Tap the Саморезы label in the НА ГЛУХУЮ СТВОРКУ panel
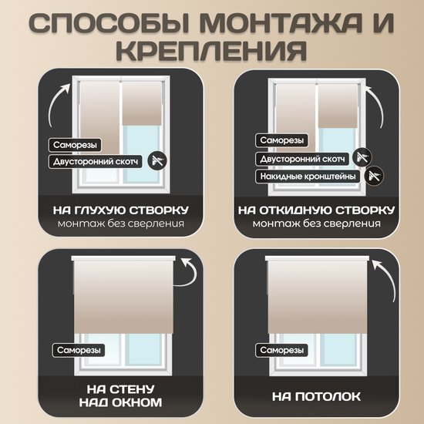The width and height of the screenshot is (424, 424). tap(75, 145)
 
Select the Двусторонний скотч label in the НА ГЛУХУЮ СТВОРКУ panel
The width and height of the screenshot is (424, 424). tap(96, 161)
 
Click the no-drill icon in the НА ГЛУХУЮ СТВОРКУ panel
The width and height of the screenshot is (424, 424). tap(157, 161)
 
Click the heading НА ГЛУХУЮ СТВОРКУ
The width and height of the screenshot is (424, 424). tap(120, 210)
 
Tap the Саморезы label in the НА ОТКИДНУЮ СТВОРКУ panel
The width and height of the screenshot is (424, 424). tap(281, 140)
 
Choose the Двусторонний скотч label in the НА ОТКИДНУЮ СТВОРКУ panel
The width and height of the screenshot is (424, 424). tap(302, 159)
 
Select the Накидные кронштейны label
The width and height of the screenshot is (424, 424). tap(308, 177)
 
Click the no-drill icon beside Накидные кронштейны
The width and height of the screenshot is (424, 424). tap(374, 176)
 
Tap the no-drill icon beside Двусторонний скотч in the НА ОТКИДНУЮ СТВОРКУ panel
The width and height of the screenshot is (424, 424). tap(362, 157)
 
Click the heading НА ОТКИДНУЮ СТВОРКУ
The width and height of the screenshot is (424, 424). tap(317, 210)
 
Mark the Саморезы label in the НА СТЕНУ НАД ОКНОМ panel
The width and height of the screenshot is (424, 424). tap(79, 350)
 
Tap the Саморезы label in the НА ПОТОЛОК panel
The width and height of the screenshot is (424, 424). tap(281, 350)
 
